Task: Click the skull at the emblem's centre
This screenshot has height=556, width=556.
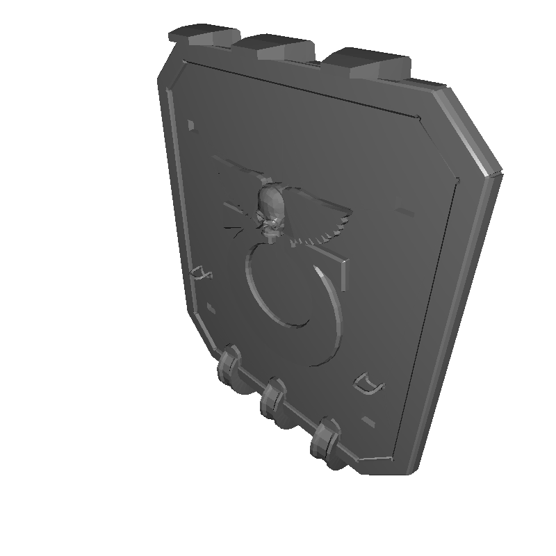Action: pyautogui.click(x=270, y=212)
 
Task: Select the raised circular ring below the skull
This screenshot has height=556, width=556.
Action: pyautogui.click(x=292, y=306)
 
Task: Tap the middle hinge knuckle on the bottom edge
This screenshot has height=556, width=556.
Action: pyautogui.click(x=272, y=401)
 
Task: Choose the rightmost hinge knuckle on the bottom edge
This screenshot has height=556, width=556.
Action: pyautogui.click(x=325, y=440)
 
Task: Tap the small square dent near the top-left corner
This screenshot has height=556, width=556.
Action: pyautogui.click(x=192, y=124)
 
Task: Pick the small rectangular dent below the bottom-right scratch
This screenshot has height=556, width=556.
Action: pyautogui.click(x=368, y=420)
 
